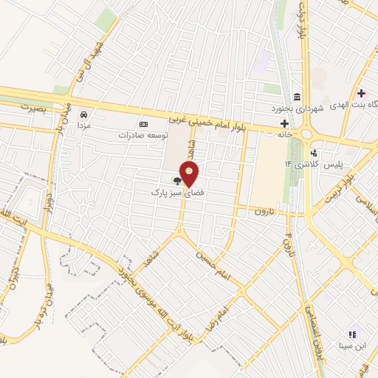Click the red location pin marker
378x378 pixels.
pos(190,174)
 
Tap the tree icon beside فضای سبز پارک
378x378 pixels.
pos(176,179)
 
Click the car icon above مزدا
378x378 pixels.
pos(86,115)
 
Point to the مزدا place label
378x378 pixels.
pos(86,126)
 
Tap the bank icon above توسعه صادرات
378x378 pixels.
pos(143,124)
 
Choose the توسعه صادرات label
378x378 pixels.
pos(143,136)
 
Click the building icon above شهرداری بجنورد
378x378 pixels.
pos(297,98)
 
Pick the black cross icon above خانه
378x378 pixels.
pos(283,123)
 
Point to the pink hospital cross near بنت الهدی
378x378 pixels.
pos(361,94)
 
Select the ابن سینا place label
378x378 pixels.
pos(353,344)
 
